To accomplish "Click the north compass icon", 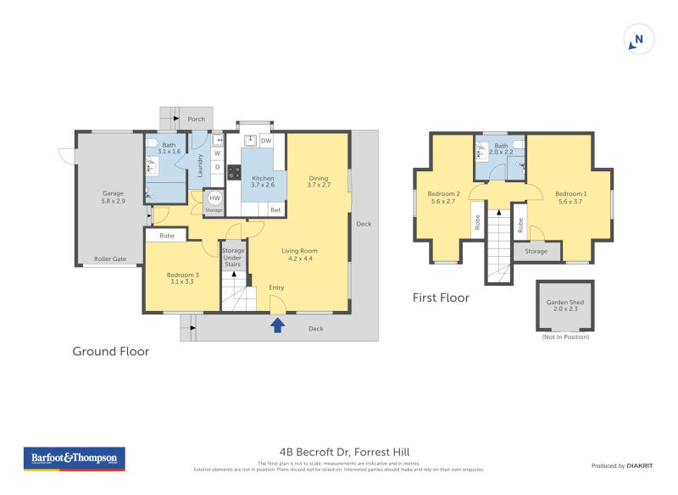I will [639, 39].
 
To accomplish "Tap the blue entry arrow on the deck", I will [276, 325].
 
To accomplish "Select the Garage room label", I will [114, 197].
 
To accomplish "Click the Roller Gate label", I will [109, 259].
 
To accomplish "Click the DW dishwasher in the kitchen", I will [266, 141].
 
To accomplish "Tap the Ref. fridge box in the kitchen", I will [275, 209].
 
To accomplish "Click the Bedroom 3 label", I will [183, 276].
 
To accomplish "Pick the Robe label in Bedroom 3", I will [167, 236].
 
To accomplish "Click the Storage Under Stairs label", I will [233, 258].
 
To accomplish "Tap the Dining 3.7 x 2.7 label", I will [318, 181].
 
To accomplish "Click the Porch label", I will [196, 119].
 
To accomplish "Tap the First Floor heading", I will [441, 298].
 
